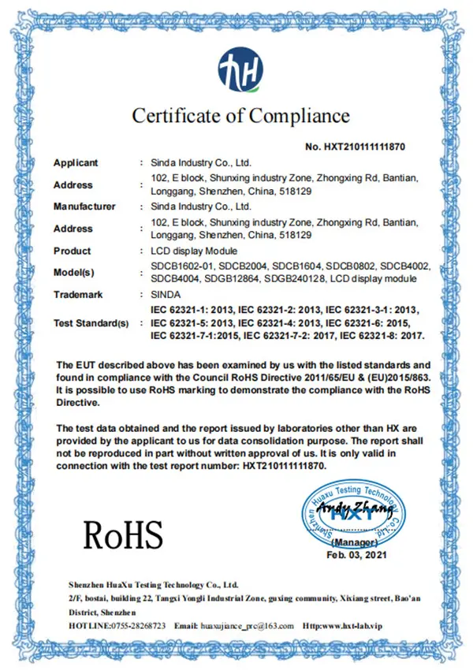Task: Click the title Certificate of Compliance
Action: point(240,116)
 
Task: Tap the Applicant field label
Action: point(76,162)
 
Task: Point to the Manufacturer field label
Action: point(84,207)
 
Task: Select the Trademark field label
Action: point(79,294)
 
